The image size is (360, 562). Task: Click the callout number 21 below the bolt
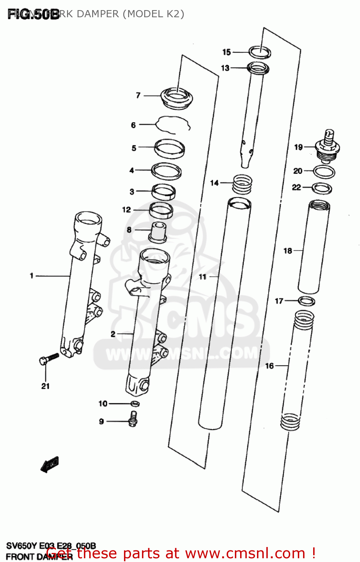(45, 386)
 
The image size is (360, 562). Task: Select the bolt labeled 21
(49, 359)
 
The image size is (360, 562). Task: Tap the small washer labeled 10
(135, 404)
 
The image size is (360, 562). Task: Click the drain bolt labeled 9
(133, 419)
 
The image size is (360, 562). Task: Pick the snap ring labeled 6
(173, 124)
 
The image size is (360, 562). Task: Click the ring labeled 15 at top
(260, 52)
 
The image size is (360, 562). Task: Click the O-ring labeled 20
(324, 172)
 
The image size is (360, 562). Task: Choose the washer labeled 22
(322, 188)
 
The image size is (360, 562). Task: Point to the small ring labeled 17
(306, 301)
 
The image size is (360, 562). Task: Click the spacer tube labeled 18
(314, 247)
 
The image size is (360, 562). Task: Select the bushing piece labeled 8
(158, 232)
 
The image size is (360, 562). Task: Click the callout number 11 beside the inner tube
(203, 277)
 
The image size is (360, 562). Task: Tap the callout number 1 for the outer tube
(32, 276)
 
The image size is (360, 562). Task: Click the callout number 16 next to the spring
(270, 366)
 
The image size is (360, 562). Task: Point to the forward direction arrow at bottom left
(49, 465)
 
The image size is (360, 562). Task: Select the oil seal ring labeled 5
(169, 148)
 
